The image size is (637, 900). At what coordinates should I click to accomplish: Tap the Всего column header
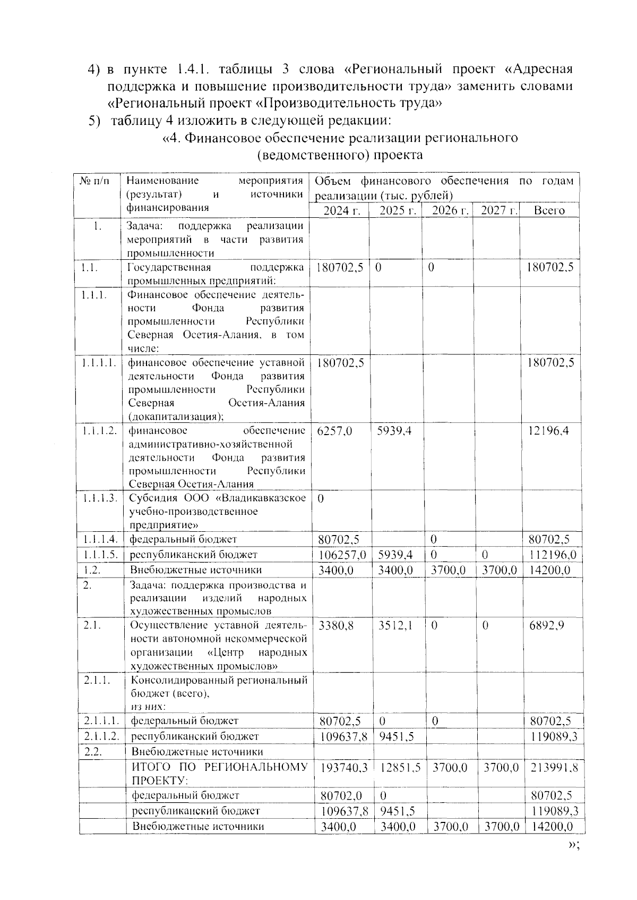coord(549,210)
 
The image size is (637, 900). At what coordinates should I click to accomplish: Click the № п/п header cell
coord(96,181)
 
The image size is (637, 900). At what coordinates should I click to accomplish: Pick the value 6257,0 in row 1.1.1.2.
coord(334,431)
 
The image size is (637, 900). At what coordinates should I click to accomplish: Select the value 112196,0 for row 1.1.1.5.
coord(552,555)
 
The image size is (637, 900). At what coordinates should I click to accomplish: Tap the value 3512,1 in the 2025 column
coord(395,625)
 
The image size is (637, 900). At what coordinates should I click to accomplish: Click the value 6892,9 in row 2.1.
coord(546,625)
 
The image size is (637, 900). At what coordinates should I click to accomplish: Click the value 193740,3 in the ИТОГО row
coord(344,767)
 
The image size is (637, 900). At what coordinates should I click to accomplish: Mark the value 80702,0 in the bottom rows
coord(341,795)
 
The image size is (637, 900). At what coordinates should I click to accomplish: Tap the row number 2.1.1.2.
coord(101,736)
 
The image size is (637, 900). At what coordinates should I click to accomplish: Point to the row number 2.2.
coord(92,751)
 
